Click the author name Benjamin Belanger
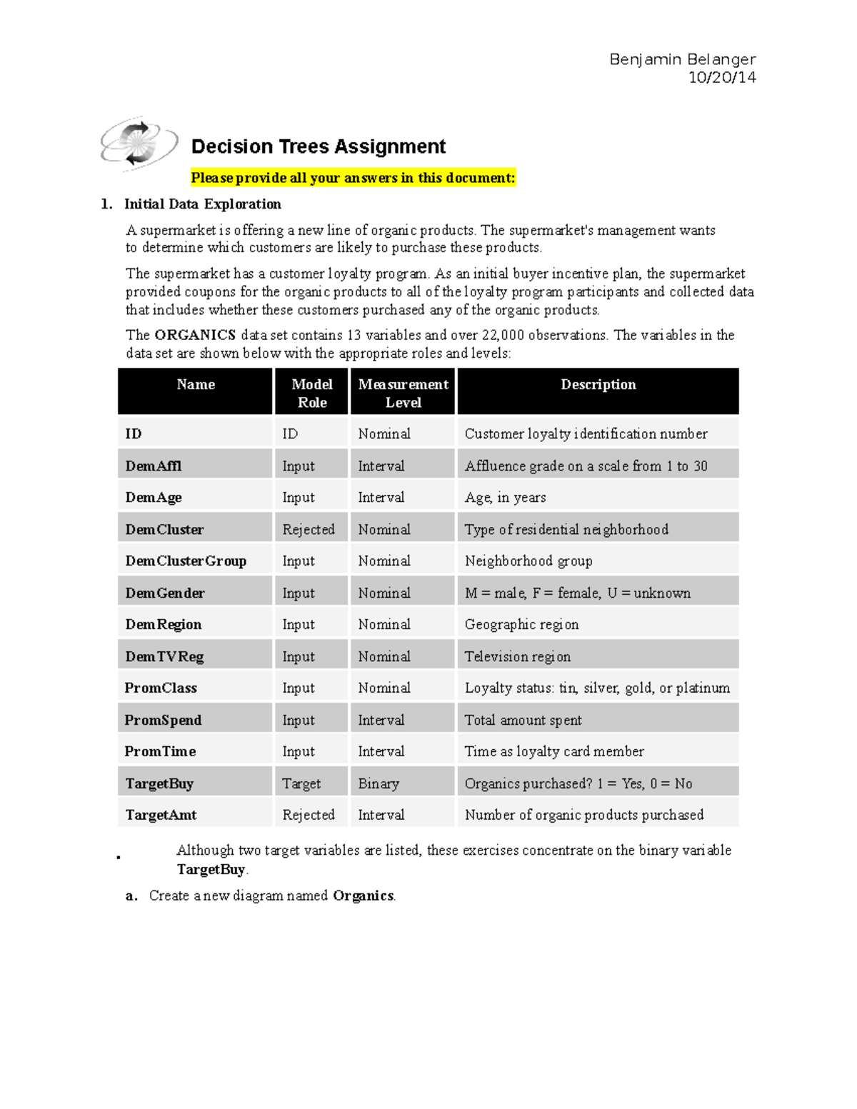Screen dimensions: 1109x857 point(682,59)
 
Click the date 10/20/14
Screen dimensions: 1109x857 point(721,78)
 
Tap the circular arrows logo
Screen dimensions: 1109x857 point(138,143)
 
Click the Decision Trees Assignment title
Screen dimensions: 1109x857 point(318,147)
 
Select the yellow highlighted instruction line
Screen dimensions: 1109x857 point(353,178)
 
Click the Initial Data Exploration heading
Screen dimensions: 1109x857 point(202,204)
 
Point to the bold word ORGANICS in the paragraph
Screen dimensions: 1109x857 point(195,335)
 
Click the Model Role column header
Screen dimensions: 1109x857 point(312,393)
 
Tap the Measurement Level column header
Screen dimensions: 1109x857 point(403,393)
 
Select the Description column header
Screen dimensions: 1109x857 point(598,385)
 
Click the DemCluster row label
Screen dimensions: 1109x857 point(164,530)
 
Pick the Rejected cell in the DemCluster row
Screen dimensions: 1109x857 point(308,530)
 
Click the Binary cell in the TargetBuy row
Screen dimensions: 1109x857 point(379,784)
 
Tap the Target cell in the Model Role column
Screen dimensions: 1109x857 point(301,784)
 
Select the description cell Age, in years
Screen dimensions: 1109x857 point(505,498)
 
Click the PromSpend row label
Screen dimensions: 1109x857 point(163,721)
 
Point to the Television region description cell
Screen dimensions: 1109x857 point(517,657)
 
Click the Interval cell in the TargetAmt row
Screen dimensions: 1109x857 point(381,816)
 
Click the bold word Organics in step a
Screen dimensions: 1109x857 point(363,896)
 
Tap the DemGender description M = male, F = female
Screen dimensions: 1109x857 point(577,593)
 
